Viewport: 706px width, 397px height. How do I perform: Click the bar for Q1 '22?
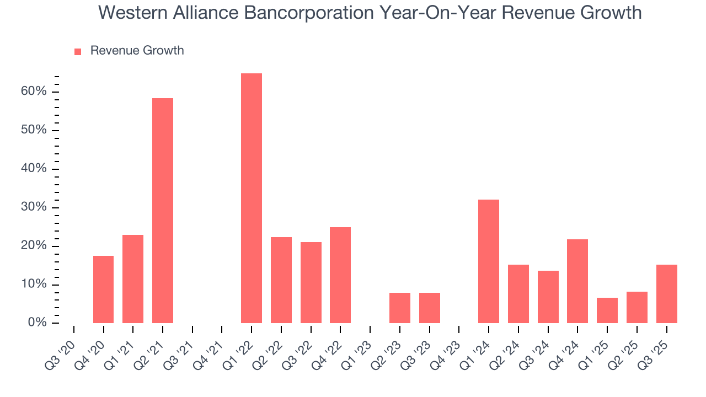[x=252, y=198]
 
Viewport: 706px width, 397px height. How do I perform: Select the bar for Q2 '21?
[x=163, y=211]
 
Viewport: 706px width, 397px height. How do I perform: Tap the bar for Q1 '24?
[x=489, y=261]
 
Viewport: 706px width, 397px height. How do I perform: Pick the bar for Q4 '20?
[x=103, y=289]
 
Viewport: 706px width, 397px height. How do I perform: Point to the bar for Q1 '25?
[x=607, y=310]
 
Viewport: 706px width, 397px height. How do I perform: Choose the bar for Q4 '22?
[x=340, y=275]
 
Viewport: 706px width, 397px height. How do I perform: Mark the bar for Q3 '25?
[x=666, y=294]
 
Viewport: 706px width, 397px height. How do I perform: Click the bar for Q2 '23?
[x=400, y=308]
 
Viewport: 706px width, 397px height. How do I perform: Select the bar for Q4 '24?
[x=577, y=281]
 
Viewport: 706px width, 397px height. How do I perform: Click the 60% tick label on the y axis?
[x=34, y=92]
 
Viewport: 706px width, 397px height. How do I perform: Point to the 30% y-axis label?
[x=34, y=207]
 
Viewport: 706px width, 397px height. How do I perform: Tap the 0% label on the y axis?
[x=37, y=323]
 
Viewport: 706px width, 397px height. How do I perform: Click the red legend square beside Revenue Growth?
[x=78, y=51]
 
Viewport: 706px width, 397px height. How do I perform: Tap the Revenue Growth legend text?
[x=137, y=51]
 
